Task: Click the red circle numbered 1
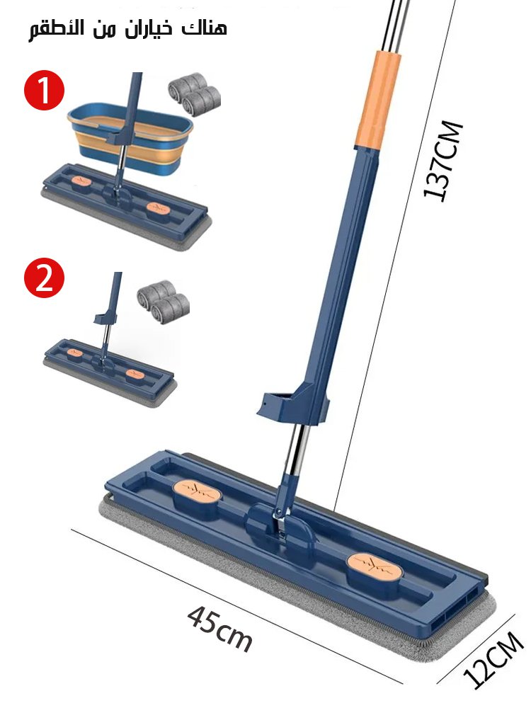coord(44,90)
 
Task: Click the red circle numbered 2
coord(44,278)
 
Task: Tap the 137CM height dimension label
coord(443,160)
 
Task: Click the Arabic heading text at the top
coord(127,29)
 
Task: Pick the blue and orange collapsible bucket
coord(130,138)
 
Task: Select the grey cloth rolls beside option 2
coord(164,302)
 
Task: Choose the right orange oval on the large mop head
coord(375,566)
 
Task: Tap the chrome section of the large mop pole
coord(296,452)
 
